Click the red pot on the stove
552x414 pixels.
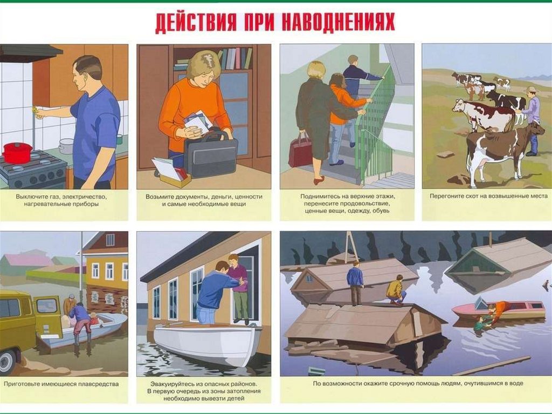17,152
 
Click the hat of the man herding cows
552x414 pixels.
531,90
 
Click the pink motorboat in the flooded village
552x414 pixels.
499,310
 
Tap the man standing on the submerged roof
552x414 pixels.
355,283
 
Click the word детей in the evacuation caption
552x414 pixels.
235,398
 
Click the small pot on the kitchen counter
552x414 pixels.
65,146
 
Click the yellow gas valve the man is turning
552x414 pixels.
35,110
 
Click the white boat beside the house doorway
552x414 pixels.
208,343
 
